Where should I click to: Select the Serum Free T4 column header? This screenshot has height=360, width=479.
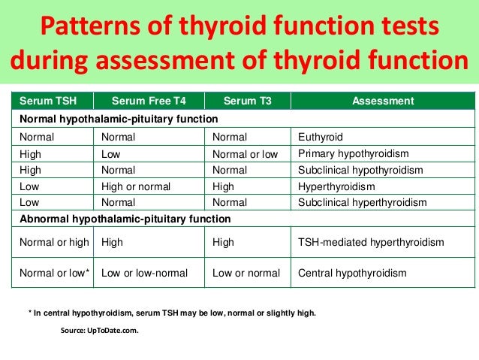click(x=147, y=100)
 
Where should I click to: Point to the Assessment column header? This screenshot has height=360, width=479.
click(x=382, y=100)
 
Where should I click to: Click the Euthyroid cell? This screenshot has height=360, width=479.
click(x=321, y=138)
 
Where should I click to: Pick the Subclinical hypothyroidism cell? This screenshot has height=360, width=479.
click(x=360, y=171)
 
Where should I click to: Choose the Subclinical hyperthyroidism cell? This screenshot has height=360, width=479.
click(x=363, y=202)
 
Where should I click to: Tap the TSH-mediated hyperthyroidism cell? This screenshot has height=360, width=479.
click(x=371, y=242)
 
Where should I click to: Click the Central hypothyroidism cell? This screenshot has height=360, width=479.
click(x=352, y=272)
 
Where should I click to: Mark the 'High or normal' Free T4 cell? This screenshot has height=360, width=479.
click(x=136, y=186)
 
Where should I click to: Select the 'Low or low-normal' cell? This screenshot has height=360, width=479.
click(x=144, y=272)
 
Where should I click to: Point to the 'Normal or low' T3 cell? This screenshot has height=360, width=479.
click(x=246, y=154)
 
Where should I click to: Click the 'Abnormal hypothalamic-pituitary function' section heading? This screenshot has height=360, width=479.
click(x=125, y=219)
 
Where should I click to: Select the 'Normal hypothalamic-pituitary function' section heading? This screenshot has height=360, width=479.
click(x=119, y=119)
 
